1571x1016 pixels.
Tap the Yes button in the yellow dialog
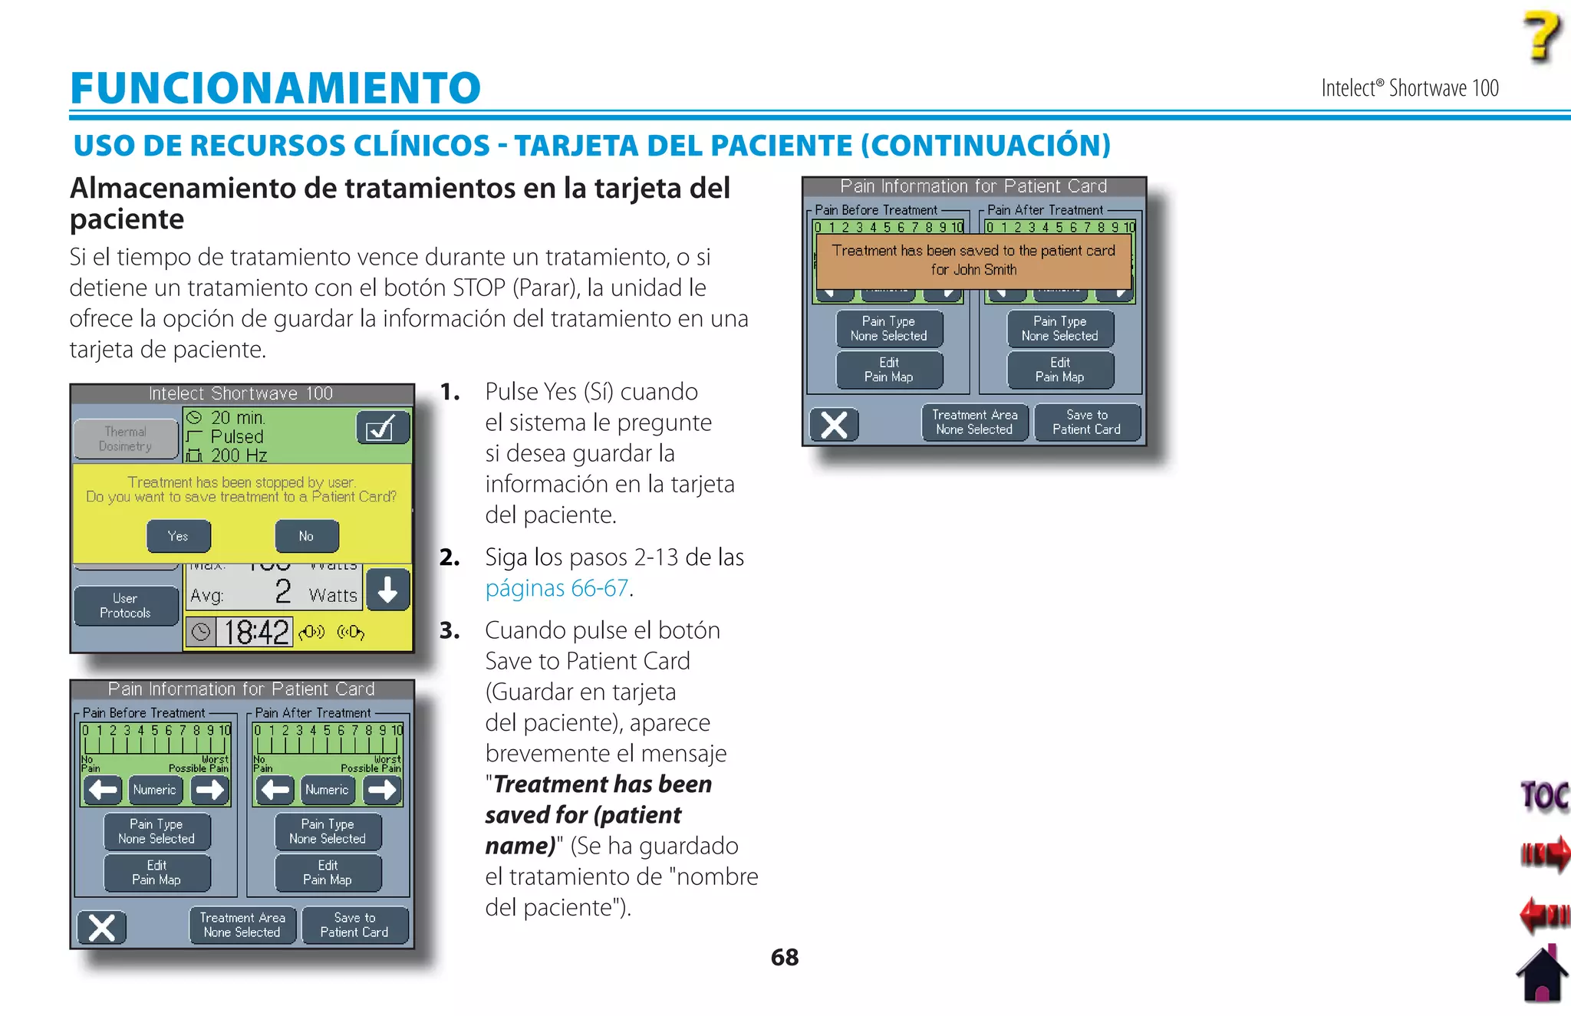pos(178,536)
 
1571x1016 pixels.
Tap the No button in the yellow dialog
pos(306,536)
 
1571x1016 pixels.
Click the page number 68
pos(784,957)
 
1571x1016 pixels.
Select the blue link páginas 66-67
pos(557,588)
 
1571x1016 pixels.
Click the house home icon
pos(1542,975)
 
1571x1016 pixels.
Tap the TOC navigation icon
pos(1544,797)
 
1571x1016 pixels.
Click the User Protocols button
pos(126,606)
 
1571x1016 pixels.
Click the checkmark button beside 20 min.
pos(383,428)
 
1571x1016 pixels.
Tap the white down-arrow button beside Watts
pos(387,590)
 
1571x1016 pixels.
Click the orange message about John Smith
pos(973,260)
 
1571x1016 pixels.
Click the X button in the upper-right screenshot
pos(834,425)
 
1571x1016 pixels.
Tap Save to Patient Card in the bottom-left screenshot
pos(354,925)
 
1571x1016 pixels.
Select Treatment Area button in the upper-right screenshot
pos(974,423)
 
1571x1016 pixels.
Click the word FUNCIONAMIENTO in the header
pos(275,87)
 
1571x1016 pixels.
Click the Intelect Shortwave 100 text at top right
pos(1409,88)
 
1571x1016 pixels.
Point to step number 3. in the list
pos(450,630)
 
